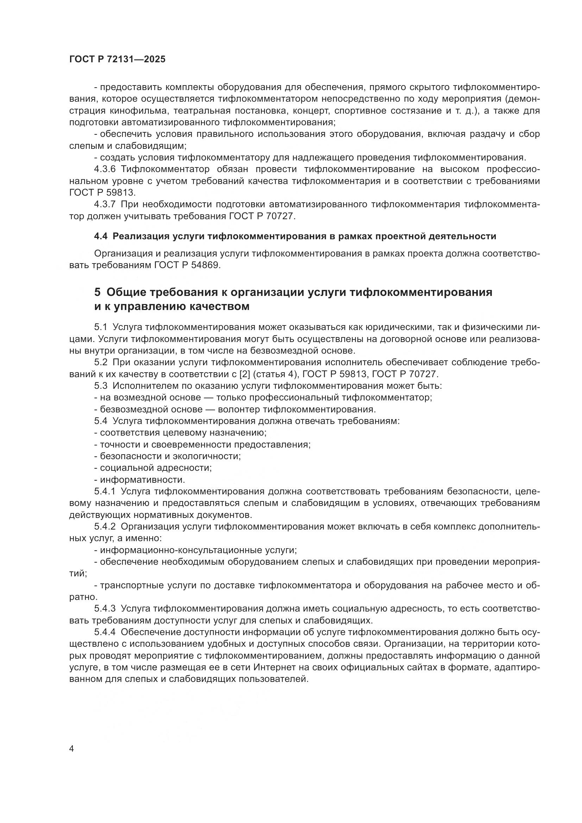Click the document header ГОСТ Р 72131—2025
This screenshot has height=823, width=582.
[x=117, y=59]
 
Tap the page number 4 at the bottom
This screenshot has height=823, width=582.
[x=71, y=749]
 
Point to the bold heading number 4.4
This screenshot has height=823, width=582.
[x=100, y=236]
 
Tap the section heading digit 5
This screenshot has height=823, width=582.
[x=97, y=292]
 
